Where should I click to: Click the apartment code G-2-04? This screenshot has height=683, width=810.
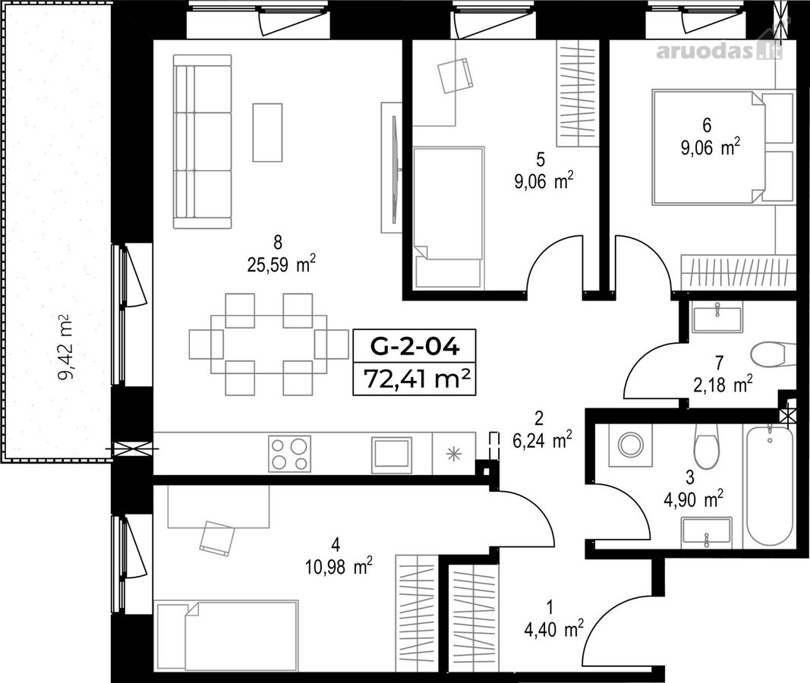tap(414, 346)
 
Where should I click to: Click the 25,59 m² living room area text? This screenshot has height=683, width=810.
tap(282, 265)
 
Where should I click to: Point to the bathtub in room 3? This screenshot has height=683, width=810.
tap(770, 484)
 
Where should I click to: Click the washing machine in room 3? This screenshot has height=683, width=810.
tap(630, 445)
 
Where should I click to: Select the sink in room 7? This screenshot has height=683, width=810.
tap(717, 318)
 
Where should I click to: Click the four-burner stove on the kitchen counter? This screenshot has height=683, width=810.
tap(289, 453)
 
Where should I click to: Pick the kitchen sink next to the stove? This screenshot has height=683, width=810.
tap(391, 454)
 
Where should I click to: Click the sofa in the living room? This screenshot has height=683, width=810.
tap(202, 141)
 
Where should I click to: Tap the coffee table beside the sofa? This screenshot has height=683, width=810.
tap(267, 132)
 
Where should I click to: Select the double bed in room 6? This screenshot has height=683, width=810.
tap(708, 147)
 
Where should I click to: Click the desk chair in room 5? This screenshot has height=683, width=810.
tap(455, 75)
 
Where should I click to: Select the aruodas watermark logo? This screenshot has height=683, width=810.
tap(719, 51)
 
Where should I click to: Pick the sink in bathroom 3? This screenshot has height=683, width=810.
tap(706, 532)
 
